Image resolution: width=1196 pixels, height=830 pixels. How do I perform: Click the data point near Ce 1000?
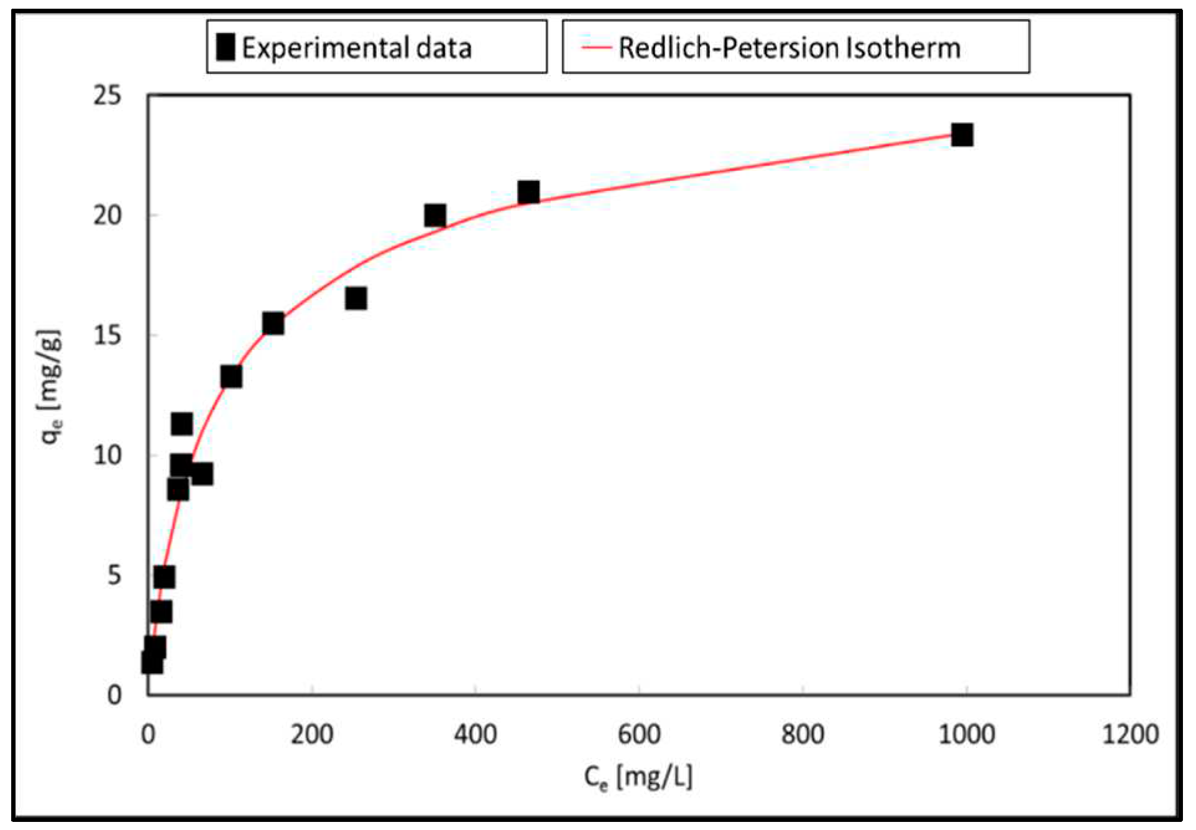point(962,134)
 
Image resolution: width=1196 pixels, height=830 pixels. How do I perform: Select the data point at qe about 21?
point(528,192)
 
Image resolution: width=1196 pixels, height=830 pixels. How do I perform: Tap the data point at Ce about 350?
point(435,216)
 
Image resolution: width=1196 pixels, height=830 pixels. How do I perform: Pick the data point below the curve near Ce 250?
point(356,298)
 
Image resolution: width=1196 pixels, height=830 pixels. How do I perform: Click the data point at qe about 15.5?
point(273,323)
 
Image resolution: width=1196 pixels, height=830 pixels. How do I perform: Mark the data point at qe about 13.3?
point(231,376)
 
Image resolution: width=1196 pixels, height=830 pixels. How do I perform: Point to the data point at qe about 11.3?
point(182,424)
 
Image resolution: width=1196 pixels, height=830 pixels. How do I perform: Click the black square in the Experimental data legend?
point(225,47)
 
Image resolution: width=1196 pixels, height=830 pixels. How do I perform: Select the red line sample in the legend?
point(596,48)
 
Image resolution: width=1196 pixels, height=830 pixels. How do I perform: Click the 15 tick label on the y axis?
point(108,335)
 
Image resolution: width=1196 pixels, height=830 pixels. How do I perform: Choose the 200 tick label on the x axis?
point(311,735)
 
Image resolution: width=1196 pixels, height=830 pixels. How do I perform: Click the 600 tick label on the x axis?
point(639,735)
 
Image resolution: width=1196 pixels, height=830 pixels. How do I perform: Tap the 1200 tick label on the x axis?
point(1129,735)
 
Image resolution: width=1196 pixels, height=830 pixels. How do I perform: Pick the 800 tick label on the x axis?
point(803,735)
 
